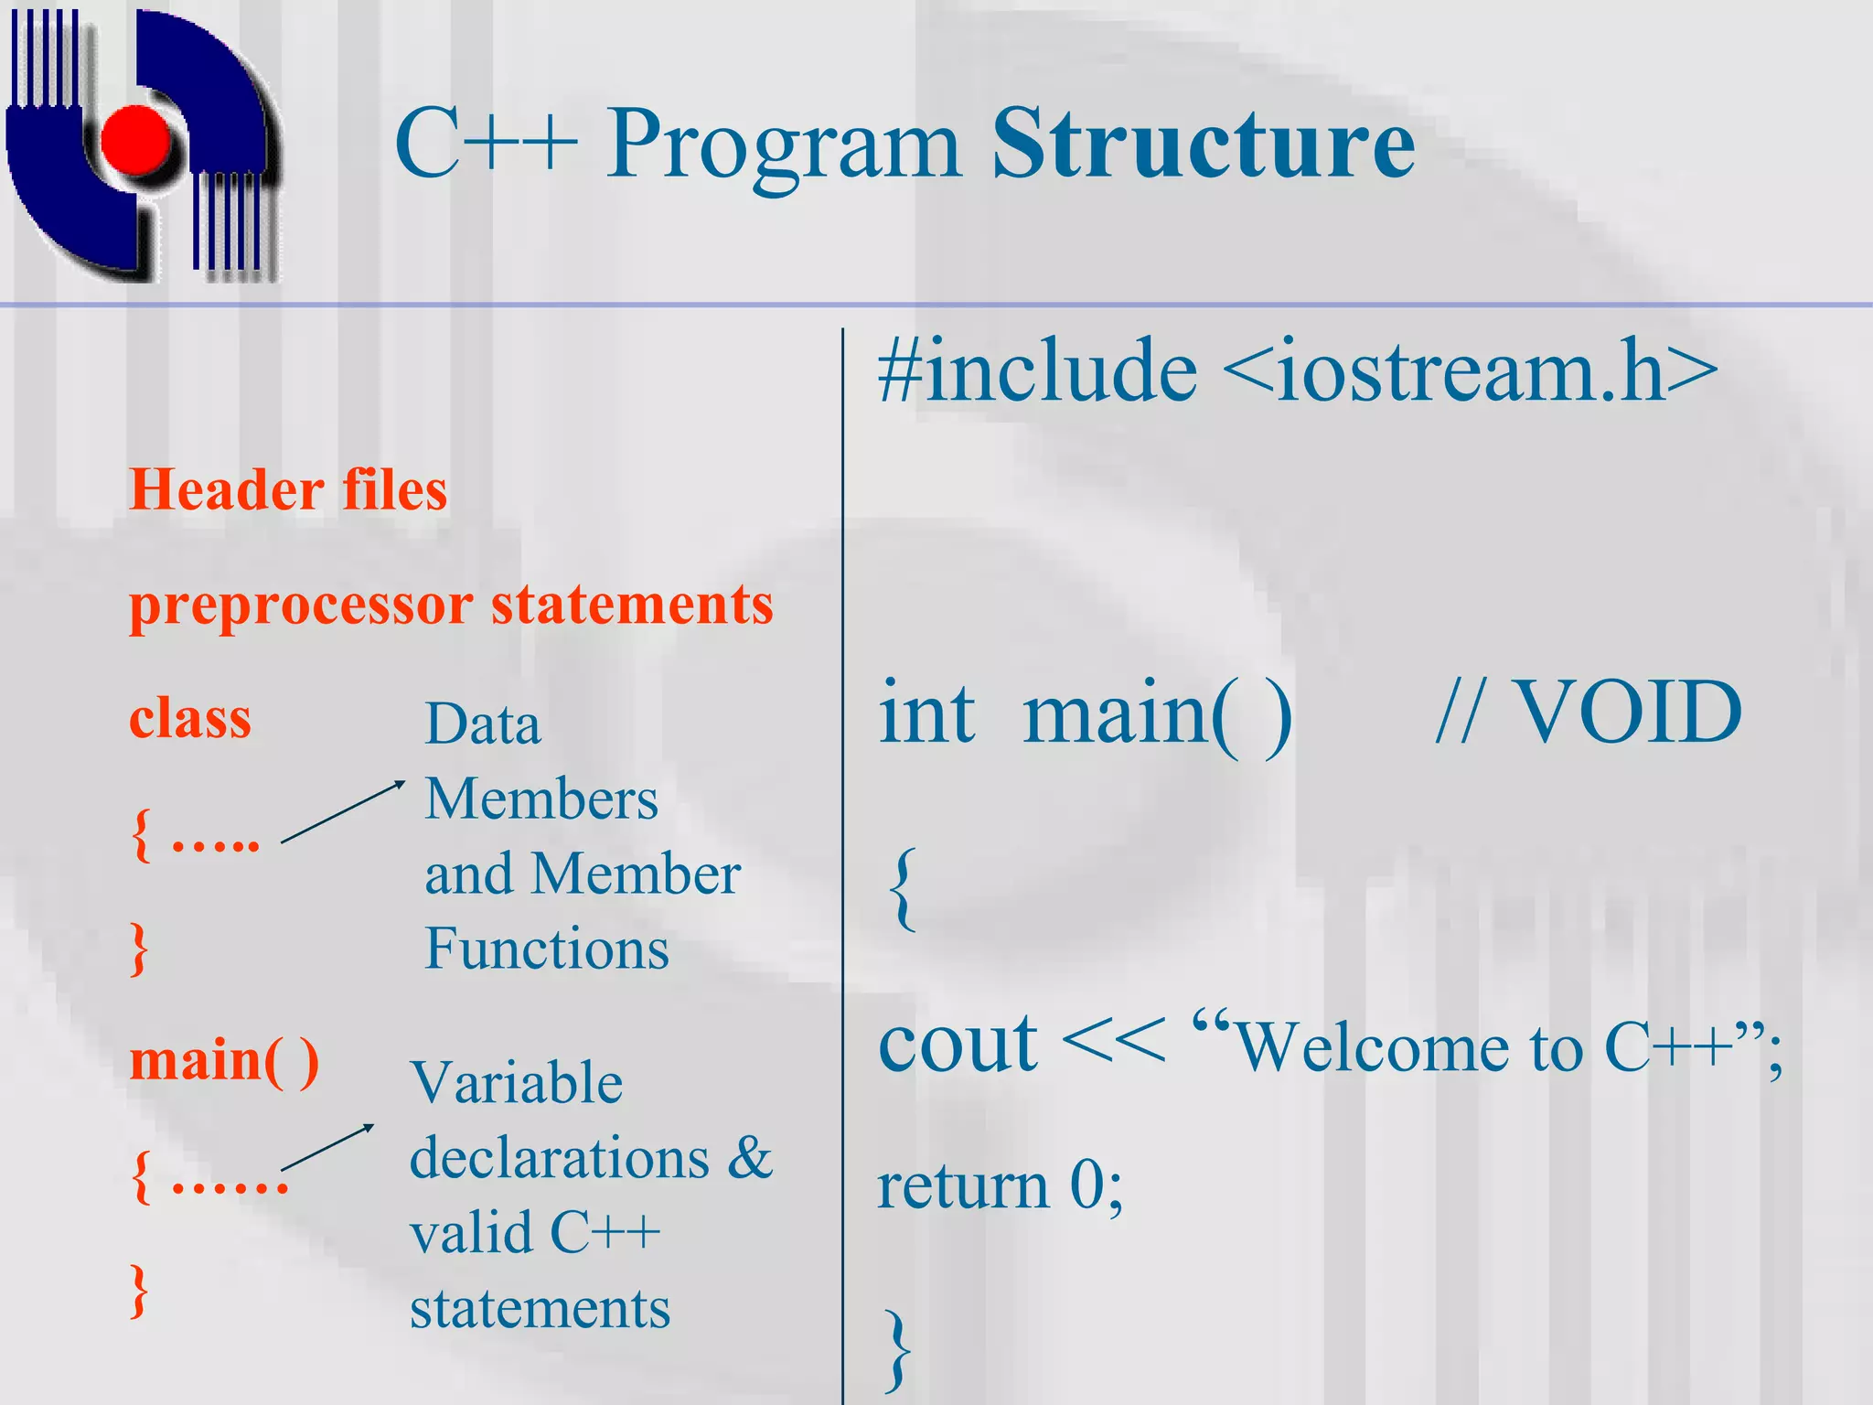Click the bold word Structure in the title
point(1204,145)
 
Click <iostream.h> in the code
point(1469,370)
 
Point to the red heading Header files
point(288,489)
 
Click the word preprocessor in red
point(301,606)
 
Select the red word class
point(189,719)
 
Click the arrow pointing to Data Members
point(343,811)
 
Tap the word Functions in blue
point(547,949)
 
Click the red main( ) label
point(224,1061)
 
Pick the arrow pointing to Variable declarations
point(327,1147)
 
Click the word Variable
point(517,1084)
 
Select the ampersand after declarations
point(750,1158)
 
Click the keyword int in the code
point(926,713)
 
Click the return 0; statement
point(1000,1186)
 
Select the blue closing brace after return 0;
point(898,1349)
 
